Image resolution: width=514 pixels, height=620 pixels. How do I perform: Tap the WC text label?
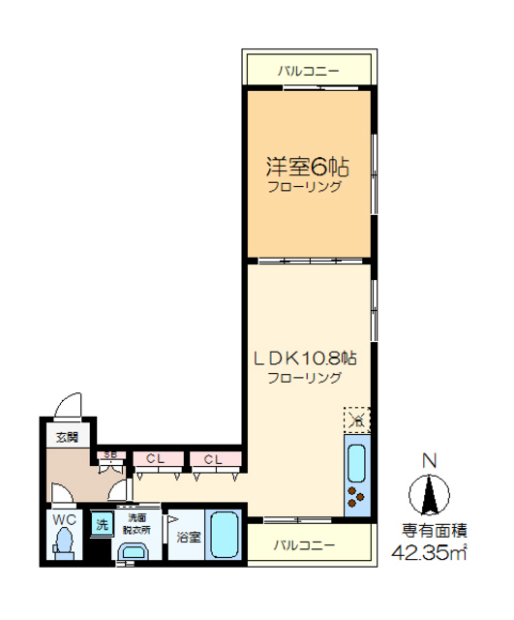coord(63,520)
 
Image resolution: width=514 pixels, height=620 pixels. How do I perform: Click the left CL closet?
coord(154,458)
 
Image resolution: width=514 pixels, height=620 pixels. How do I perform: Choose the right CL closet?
coord(213,458)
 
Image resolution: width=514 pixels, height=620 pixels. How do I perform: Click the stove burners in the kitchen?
coord(355,499)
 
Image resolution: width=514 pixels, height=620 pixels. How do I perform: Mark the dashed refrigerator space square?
coord(356,419)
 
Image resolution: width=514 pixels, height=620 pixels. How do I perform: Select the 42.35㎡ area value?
coord(430,553)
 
